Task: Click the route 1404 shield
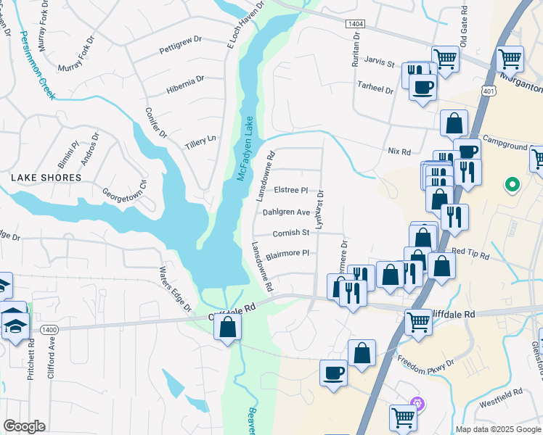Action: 356,24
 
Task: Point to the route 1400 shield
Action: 49,329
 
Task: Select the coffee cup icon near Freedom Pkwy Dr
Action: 333,373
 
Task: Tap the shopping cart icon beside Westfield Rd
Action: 403,416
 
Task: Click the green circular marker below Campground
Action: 513,185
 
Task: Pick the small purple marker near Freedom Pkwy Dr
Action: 416,402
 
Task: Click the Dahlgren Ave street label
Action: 286,212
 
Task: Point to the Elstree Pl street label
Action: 292,190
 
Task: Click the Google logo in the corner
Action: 25,426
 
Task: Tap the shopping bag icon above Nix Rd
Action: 454,124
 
